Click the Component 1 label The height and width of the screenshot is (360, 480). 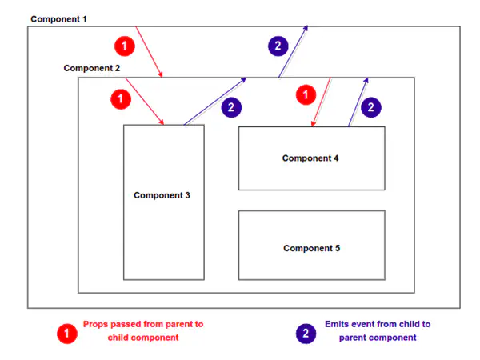(58, 18)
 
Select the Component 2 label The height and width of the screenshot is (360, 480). (92, 68)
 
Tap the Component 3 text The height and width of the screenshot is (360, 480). (162, 195)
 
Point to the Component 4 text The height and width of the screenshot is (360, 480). (311, 158)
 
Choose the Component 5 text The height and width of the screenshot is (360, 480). (311, 248)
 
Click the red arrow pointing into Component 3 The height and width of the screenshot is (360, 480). (145, 102)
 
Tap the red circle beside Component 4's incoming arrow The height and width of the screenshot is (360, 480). (305, 94)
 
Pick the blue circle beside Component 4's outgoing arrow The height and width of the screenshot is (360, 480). (371, 106)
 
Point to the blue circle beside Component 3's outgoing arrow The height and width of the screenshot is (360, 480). (230, 107)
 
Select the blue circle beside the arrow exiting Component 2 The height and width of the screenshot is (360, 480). (277, 46)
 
